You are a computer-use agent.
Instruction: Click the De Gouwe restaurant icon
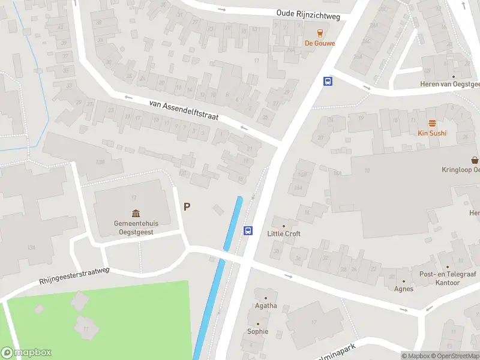pos(320,33)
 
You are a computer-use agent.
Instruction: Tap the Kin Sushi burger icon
pos(432,123)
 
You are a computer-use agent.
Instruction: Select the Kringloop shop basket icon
pos(475,160)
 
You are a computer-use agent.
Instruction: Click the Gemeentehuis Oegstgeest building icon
pos(136,214)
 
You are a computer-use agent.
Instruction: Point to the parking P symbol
pos(187,206)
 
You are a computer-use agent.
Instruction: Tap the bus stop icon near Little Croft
pos(248,230)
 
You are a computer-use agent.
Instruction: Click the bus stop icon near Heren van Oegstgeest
pos(328,81)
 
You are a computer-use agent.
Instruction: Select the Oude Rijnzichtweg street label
pos(308,15)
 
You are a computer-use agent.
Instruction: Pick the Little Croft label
pos(284,233)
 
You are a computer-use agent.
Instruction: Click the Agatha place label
pos(266,305)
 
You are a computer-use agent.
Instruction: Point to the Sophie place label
pos(258,331)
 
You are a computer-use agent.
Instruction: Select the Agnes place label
pos(404,289)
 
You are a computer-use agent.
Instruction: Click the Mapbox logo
pos(26,353)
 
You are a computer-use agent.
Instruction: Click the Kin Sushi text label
pos(432,133)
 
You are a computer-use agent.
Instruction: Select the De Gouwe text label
pos(320,43)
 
